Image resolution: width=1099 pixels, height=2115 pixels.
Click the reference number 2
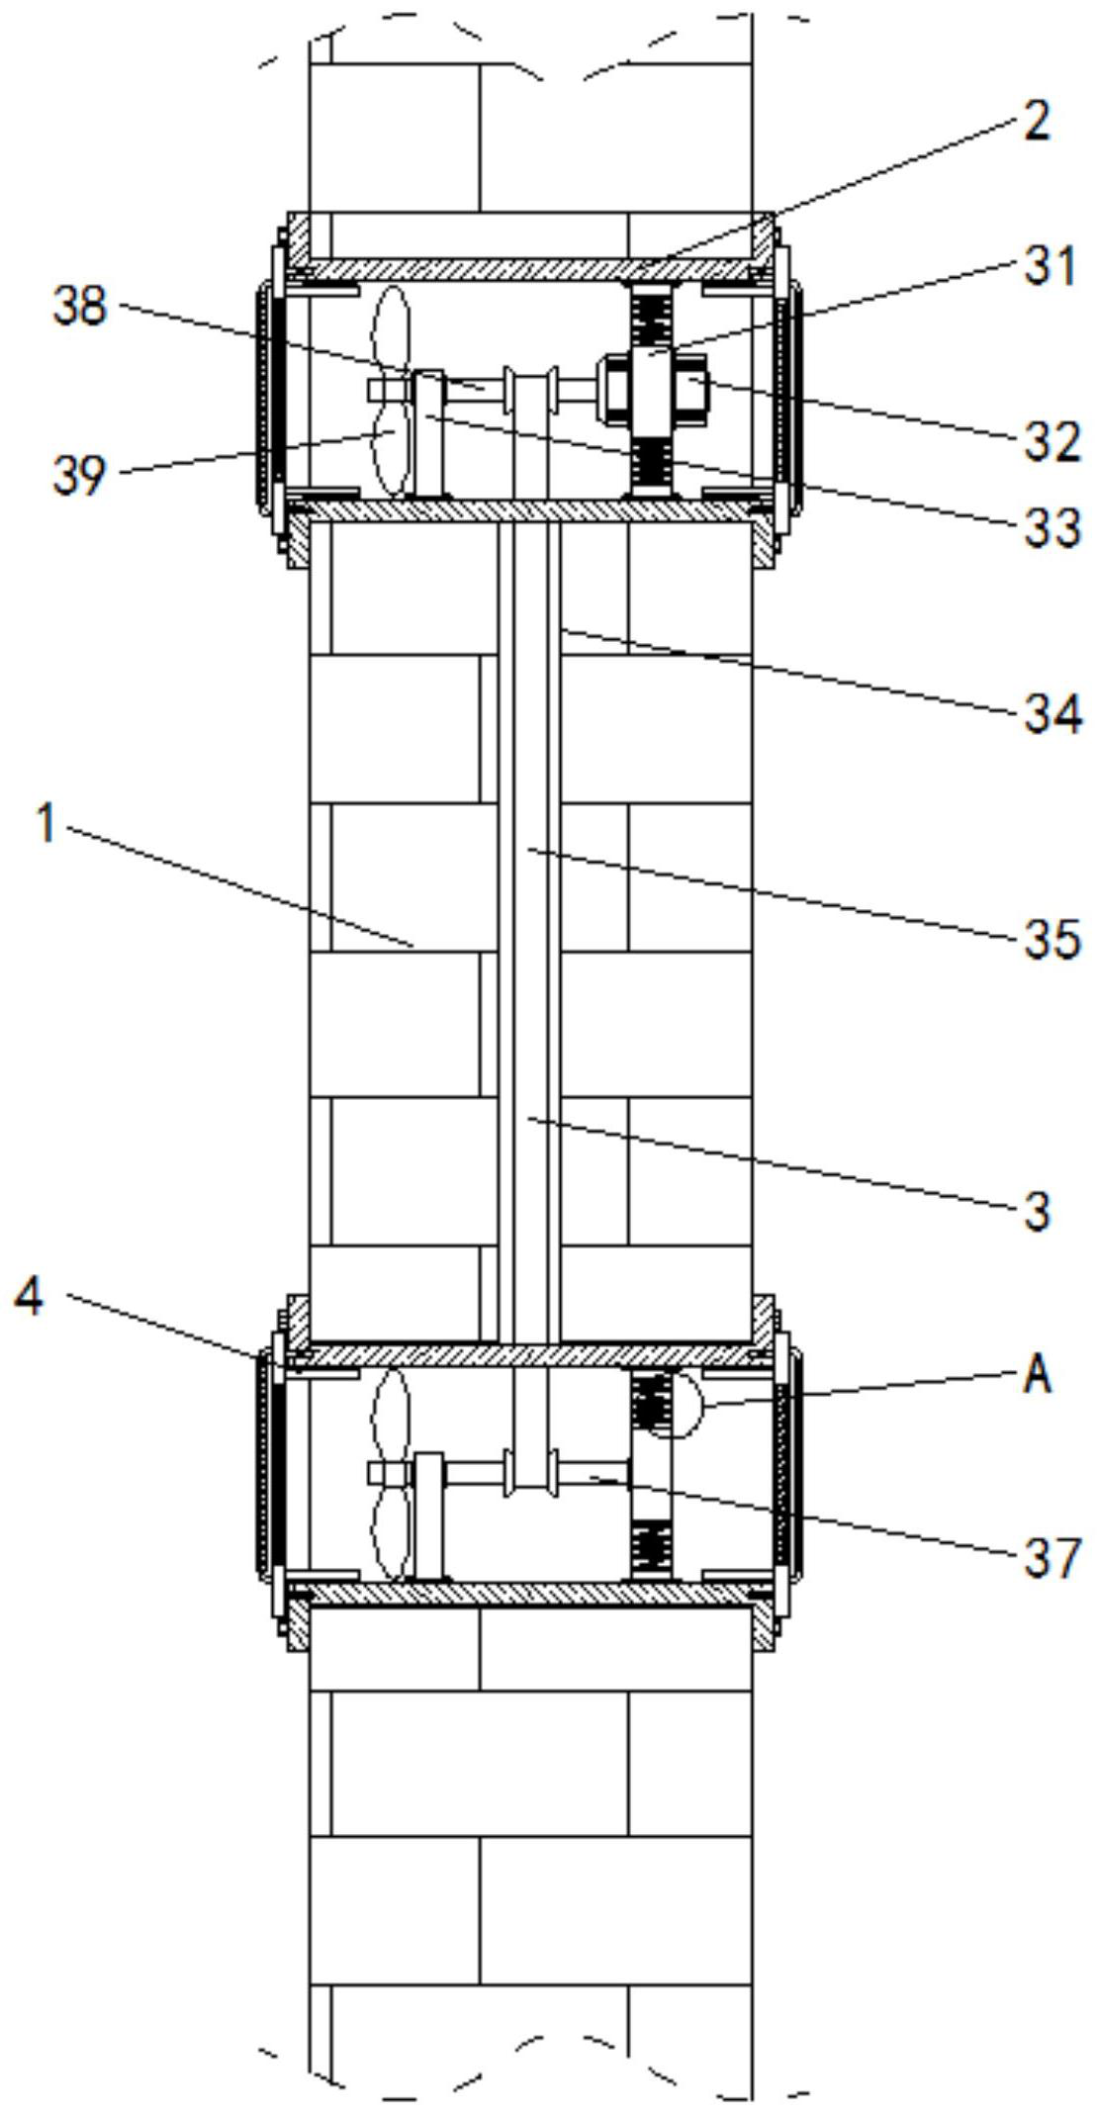1035,122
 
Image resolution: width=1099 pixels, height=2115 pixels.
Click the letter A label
1037,1375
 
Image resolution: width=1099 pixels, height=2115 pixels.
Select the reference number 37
1051,1559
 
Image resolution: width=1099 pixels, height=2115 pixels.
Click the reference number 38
80,306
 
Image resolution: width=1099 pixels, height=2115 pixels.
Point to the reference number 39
80,476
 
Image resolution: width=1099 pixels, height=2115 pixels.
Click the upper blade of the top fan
392,332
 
